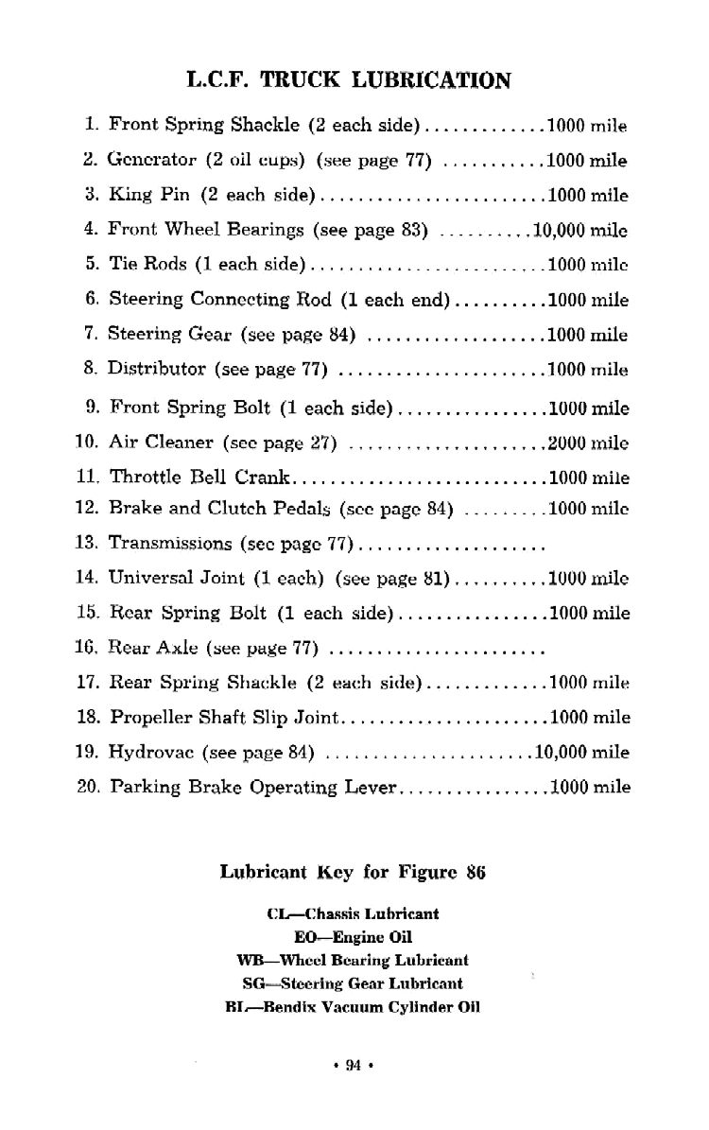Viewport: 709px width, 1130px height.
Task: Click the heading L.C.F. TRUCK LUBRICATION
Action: coord(350,80)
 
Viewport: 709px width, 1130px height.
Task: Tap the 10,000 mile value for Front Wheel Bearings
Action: coord(580,230)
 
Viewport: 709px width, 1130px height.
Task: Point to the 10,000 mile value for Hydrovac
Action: coord(581,753)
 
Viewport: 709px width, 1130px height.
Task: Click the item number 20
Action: coord(87,787)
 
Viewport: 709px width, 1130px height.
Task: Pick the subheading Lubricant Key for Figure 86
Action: coord(353,873)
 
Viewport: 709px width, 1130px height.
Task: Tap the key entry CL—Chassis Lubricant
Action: coord(353,914)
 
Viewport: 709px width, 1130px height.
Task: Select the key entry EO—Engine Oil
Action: coord(353,937)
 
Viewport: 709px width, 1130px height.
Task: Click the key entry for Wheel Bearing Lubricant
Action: coord(353,960)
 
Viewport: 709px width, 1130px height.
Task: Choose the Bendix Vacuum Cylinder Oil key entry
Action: coord(353,1007)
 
